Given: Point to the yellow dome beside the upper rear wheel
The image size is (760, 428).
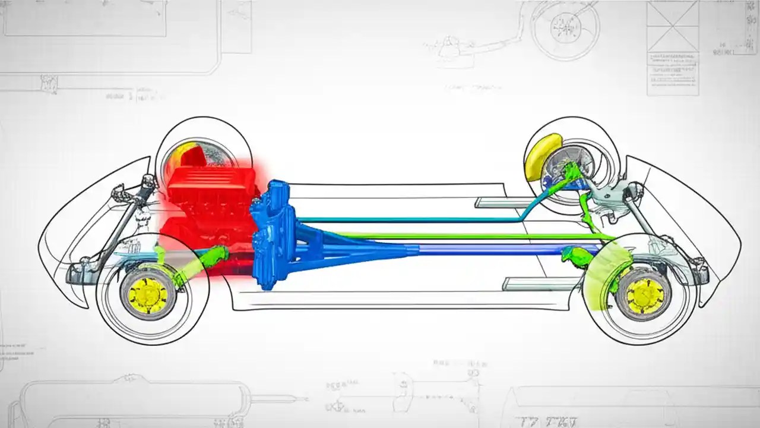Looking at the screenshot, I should [542, 156].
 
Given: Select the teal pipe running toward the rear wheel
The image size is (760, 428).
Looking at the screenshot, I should [416, 220].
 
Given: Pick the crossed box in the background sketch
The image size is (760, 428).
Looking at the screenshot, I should [673, 27].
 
